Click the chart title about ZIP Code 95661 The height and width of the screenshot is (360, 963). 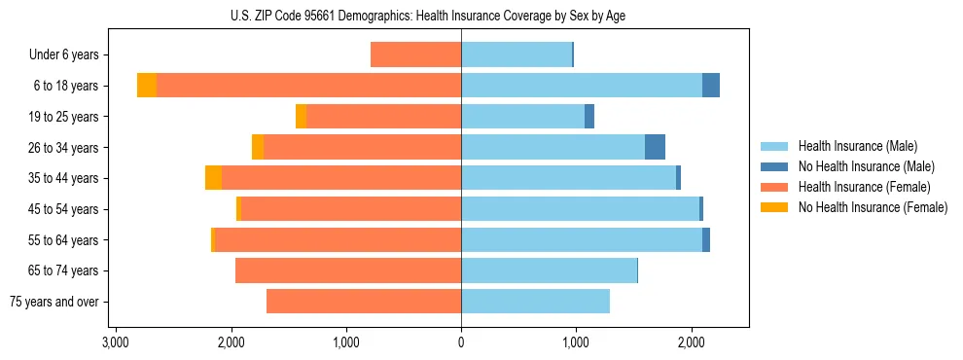(434, 16)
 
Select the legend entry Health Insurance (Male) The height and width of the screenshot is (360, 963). (856, 146)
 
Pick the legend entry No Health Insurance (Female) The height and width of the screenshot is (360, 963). (872, 207)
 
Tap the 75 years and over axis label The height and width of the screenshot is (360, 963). (54, 302)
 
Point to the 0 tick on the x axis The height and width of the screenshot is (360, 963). (461, 342)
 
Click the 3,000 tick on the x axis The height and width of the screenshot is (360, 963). (116, 342)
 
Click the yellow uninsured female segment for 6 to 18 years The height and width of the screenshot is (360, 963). (147, 86)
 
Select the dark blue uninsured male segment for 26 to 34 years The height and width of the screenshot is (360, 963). (655, 147)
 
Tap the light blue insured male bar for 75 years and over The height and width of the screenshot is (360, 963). (535, 302)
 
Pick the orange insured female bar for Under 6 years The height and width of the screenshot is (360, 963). (415, 55)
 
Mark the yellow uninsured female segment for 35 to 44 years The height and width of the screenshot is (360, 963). (213, 178)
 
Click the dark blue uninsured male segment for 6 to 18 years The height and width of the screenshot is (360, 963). (711, 86)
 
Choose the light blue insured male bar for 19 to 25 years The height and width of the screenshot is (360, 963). (522, 117)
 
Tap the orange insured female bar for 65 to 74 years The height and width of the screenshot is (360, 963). (348, 270)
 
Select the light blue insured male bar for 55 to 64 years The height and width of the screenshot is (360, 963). (582, 240)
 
